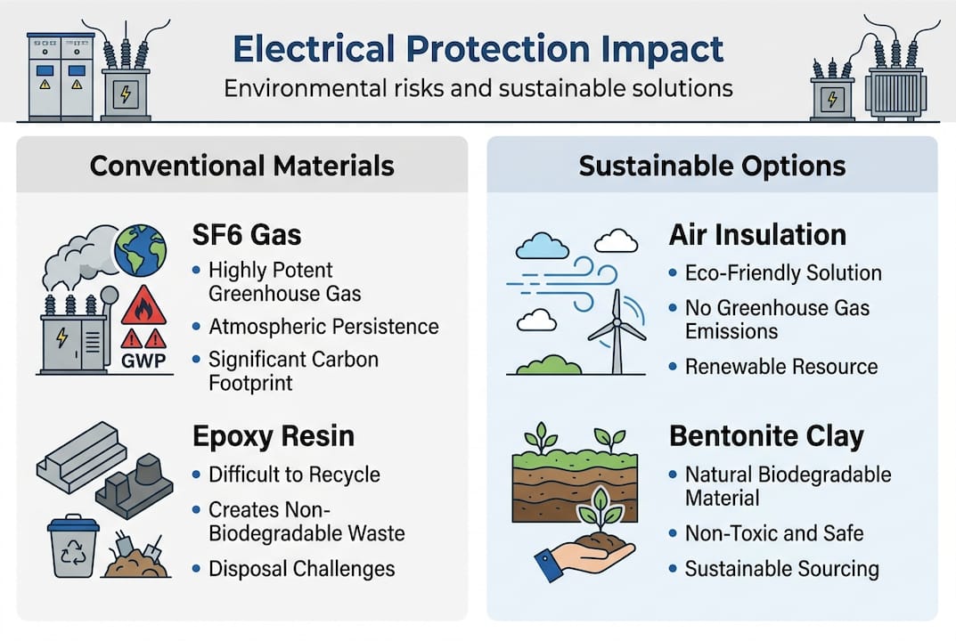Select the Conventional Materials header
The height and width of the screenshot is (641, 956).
tap(242, 166)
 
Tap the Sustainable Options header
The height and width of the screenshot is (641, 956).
tap(712, 166)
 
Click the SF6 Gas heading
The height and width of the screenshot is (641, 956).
tap(248, 235)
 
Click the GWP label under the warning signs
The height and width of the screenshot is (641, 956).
tap(143, 362)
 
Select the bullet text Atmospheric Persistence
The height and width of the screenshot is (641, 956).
tap(323, 327)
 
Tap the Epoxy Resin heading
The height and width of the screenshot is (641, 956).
tap(274, 435)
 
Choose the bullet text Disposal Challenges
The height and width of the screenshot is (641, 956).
tap(301, 568)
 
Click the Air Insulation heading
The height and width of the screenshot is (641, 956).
tap(757, 235)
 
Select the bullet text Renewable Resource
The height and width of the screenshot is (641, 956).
tap(780, 367)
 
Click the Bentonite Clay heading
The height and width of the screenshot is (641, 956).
tap(766, 436)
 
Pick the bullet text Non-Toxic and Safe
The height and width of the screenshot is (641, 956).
tap(773, 533)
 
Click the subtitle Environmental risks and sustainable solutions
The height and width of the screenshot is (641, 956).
tap(478, 89)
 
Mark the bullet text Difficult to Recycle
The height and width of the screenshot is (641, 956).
tap(294, 475)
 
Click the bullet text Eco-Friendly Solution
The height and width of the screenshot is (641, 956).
tap(783, 273)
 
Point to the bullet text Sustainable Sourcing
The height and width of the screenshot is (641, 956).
tap(781, 568)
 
